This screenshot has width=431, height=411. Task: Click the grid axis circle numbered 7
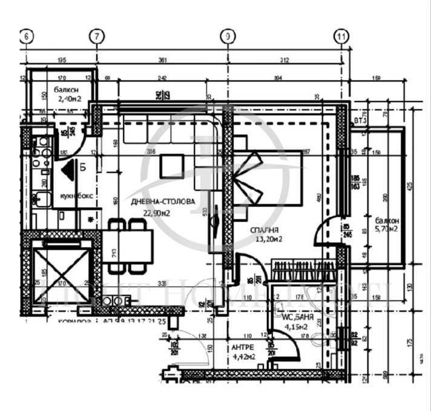[x=96, y=36]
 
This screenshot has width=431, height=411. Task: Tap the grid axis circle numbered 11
[x=342, y=36]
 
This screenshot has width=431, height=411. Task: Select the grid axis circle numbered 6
[x=26, y=36]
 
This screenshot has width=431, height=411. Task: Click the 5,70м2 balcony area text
[x=385, y=229]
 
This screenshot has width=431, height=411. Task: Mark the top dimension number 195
[x=61, y=60]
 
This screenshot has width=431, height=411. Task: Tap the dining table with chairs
[x=129, y=245]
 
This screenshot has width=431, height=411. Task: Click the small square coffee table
[x=171, y=164]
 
